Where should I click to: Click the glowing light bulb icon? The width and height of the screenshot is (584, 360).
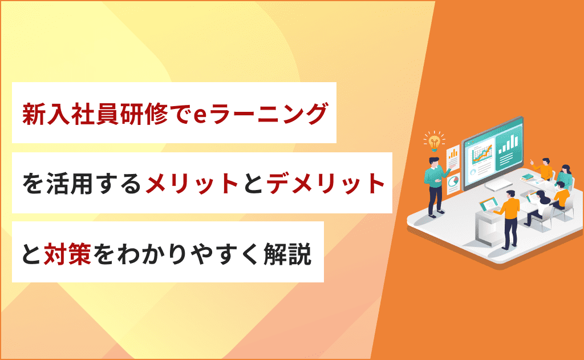pyautogui.click(x=434, y=141)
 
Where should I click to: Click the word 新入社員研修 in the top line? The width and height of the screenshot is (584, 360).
pyautogui.click(x=95, y=114)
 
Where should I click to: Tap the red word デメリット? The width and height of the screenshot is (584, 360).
pyautogui.click(x=326, y=183)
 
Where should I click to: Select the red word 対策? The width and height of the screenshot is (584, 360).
pyautogui.click(x=67, y=254)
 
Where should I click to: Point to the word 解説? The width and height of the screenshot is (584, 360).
pyautogui.click(x=287, y=254)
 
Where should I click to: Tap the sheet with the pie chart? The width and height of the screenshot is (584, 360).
pyautogui.click(x=453, y=183)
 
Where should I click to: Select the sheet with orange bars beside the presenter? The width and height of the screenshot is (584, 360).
pyautogui.click(x=453, y=157)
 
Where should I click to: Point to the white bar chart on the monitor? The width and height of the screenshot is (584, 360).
pyautogui.click(x=508, y=144)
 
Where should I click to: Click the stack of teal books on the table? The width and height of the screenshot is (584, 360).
pyautogui.click(x=528, y=177)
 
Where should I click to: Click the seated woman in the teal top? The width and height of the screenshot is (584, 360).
pyautogui.click(x=564, y=175)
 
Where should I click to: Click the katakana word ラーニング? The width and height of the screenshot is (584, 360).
pyautogui.click(x=268, y=114)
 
